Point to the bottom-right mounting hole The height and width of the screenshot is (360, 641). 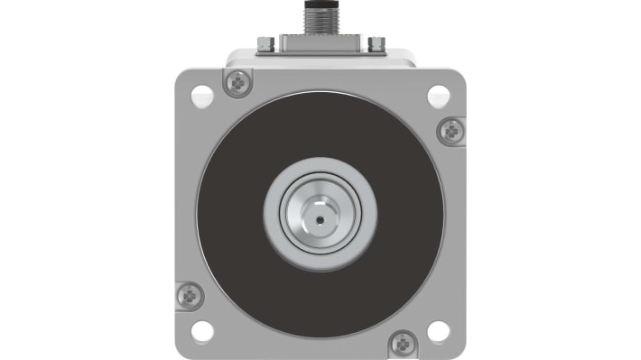pos(438,329)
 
